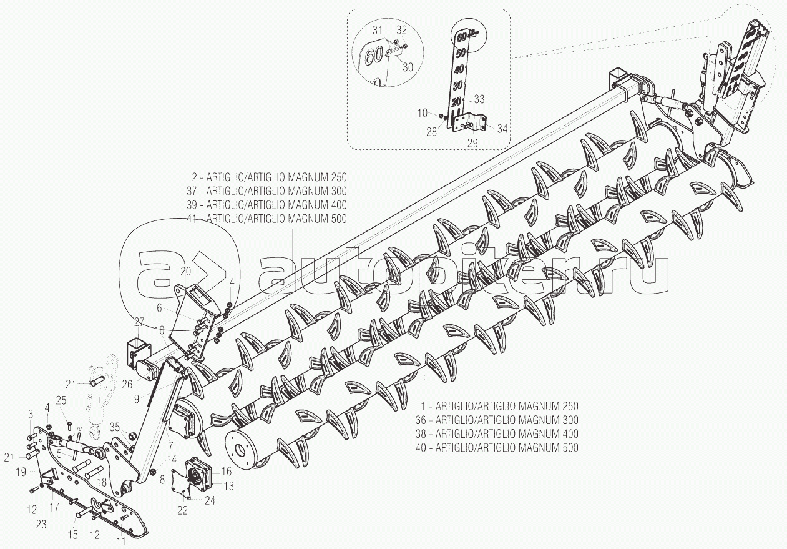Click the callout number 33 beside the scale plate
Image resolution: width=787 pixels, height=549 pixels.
(x=479, y=99)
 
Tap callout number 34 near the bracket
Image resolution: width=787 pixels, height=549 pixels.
(x=502, y=129)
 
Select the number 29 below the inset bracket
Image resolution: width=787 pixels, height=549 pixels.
(x=472, y=143)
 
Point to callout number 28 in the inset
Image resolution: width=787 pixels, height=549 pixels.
(x=431, y=132)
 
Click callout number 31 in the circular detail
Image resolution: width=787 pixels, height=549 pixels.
(x=378, y=31)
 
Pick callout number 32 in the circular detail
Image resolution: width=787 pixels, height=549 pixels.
(x=401, y=30)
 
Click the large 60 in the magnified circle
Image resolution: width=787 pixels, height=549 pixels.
(x=373, y=56)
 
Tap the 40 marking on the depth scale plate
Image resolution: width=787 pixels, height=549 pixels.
(x=459, y=69)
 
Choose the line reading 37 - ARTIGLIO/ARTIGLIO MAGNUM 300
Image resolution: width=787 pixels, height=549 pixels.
(x=266, y=191)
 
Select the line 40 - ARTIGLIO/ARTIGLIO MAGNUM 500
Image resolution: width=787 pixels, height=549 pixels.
(x=497, y=448)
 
